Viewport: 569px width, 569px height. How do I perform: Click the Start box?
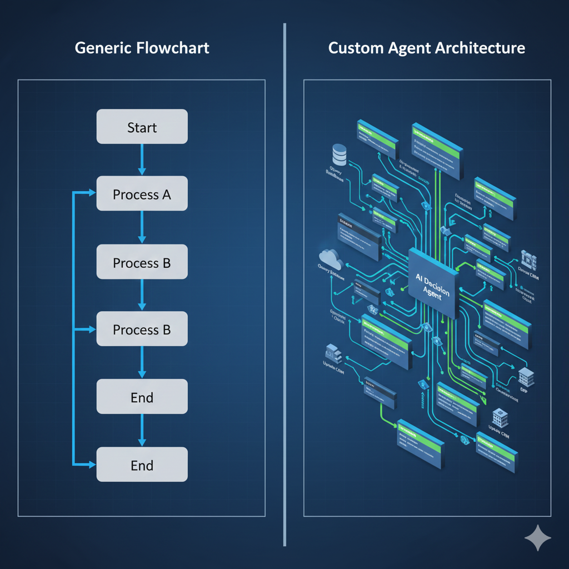142,127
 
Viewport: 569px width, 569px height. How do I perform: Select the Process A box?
142,194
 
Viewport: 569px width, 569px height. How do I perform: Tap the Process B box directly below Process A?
142,262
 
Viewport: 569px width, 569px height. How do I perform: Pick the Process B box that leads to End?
142,330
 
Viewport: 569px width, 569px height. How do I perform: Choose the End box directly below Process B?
142,397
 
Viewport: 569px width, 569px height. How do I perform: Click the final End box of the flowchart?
142,465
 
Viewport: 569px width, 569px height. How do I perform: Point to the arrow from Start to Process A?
142,159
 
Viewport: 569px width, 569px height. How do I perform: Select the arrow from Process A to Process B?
142,227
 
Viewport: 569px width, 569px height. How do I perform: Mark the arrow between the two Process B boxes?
142,295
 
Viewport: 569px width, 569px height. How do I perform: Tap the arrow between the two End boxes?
142,430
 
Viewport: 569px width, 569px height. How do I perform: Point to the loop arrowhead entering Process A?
91,193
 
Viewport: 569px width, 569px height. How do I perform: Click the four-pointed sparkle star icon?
537,537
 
